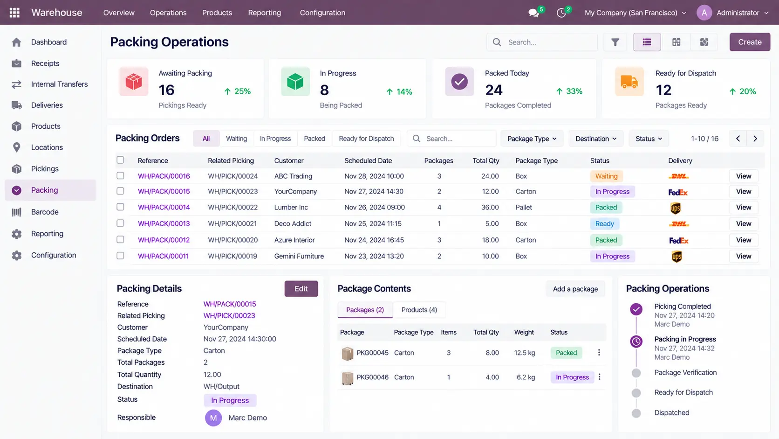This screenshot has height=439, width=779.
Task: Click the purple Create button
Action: point(750,42)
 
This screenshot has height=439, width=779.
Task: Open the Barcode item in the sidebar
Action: point(45,212)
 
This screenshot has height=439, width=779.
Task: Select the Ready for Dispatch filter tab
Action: point(366,139)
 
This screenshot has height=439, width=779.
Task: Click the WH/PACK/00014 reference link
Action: point(164,207)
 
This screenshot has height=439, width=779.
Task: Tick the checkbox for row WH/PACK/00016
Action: point(120,175)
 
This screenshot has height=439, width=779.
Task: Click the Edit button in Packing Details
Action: point(301,289)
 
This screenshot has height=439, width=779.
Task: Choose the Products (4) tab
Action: point(419,309)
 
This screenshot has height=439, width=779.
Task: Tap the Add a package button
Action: point(575,289)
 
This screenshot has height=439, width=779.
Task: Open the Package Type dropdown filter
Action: point(532,139)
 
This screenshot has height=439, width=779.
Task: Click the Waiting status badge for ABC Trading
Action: point(606,176)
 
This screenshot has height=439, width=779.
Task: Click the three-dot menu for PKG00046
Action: point(599,377)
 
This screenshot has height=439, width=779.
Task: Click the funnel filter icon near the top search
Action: point(615,42)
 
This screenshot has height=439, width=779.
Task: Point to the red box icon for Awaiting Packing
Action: point(134,82)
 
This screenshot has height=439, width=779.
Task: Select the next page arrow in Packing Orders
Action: point(755,139)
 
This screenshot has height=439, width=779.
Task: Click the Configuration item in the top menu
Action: point(322,13)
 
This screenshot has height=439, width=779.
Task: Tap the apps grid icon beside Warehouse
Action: point(14,13)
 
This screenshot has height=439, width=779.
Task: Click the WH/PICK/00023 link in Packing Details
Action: point(229,315)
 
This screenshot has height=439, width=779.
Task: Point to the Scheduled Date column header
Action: point(368,160)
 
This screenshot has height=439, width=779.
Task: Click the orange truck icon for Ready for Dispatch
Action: point(629,82)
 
